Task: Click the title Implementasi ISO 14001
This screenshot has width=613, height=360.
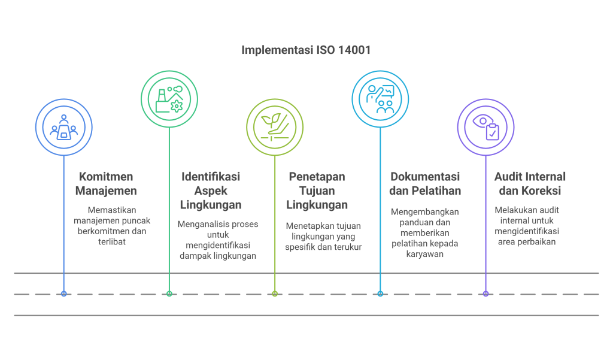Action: (x=306, y=50)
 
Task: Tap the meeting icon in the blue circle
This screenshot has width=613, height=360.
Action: (x=63, y=126)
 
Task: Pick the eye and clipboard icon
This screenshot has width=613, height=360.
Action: (x=485, y=126)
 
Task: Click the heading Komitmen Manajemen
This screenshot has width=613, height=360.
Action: (x=106, y=184)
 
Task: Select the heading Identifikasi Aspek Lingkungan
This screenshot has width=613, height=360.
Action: (x=211, y=190)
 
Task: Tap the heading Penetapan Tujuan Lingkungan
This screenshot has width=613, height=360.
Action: (x=317, y=190)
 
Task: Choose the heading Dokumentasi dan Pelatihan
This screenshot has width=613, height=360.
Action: (x=425, y=184)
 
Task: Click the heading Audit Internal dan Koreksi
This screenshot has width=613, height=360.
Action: (x=529, y=184)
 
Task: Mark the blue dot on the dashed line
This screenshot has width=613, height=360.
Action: (x=63, y=294)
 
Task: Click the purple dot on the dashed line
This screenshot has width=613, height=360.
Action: (x=485, y=294)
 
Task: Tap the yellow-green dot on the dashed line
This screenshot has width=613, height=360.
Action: (x=275, y=294)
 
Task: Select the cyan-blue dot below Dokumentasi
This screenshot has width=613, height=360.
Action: (x=380, y=294)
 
